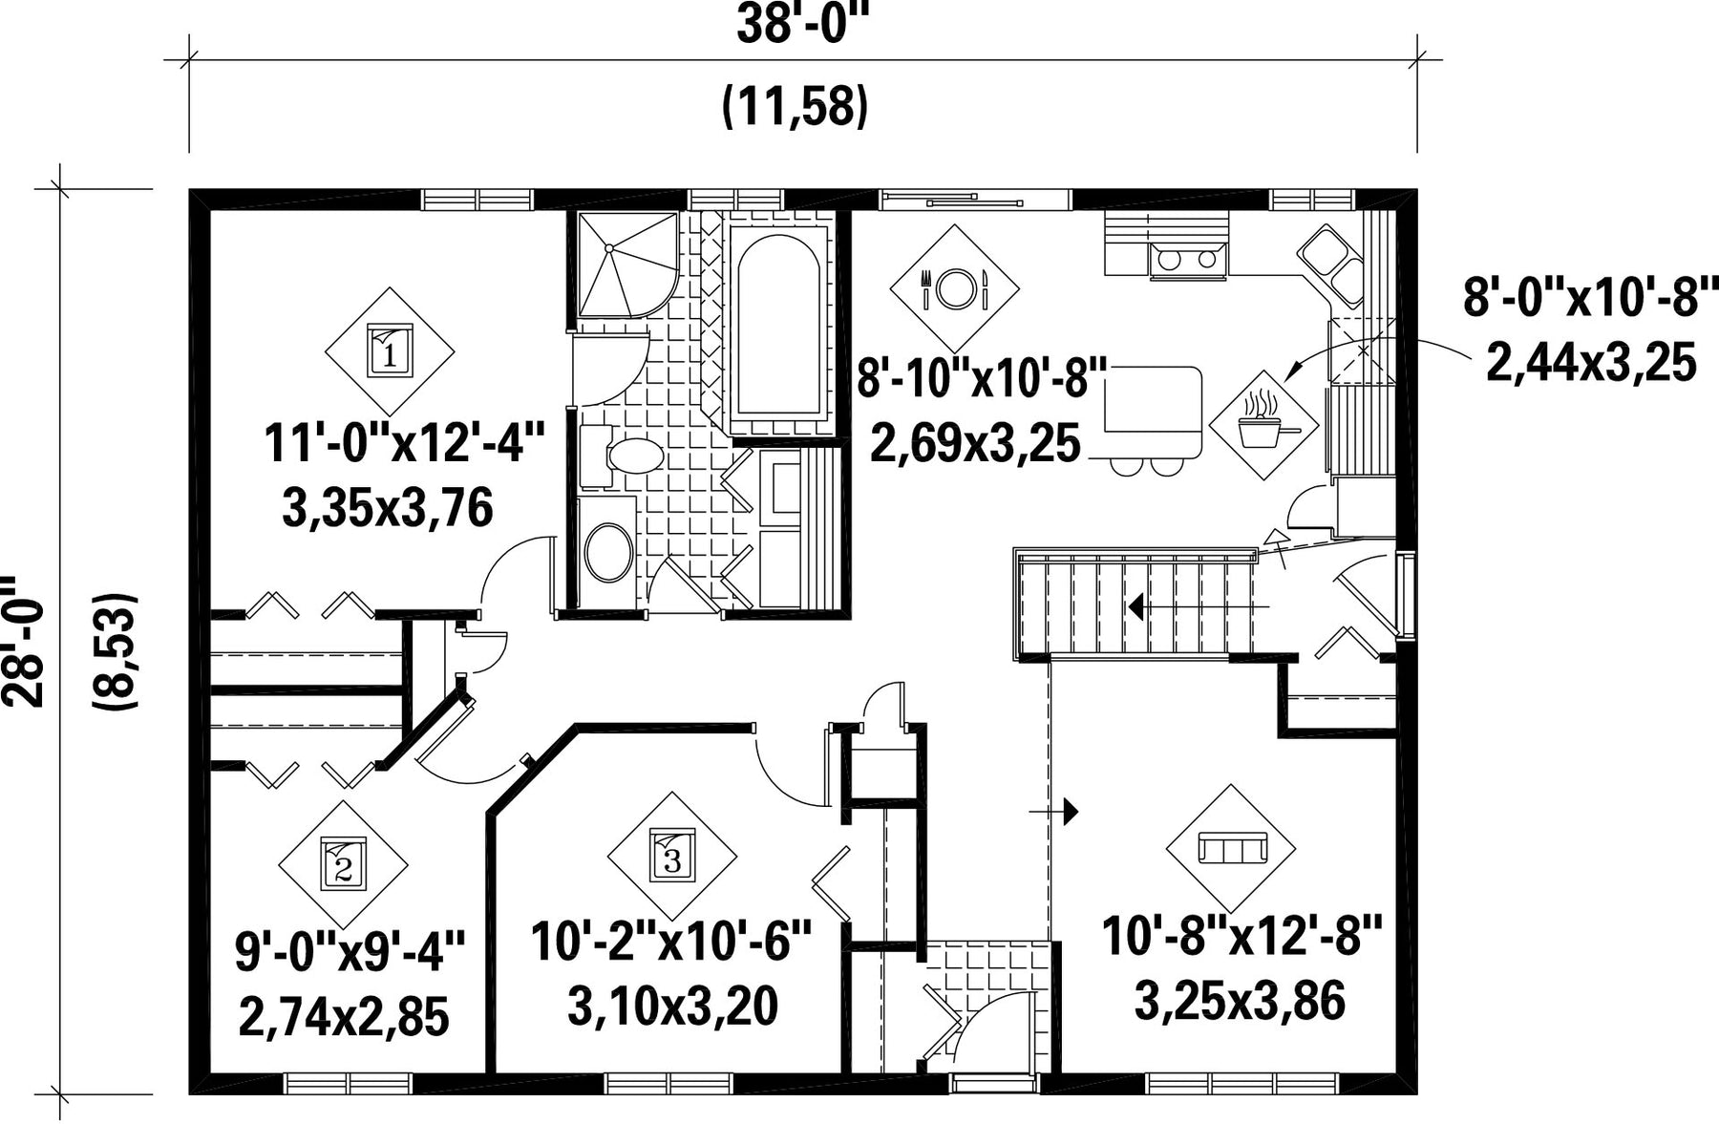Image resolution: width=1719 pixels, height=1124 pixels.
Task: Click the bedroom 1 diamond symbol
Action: (x=390, y=350)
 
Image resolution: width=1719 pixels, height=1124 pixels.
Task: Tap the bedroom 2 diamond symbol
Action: (x=343, y=864)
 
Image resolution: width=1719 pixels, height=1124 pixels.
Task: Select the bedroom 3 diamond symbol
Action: (x=672, y=856)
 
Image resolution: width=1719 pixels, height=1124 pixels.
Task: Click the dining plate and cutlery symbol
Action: (x=954, y=287)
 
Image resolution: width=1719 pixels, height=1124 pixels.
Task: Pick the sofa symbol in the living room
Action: (x=1231, y=847)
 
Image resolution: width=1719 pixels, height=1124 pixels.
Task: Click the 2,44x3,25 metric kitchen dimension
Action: (x=1591, y=363)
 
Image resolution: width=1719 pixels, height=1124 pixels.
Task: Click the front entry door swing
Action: (x=994, y=1027)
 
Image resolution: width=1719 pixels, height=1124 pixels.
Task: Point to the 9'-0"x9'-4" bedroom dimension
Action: (x=350, y=952)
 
